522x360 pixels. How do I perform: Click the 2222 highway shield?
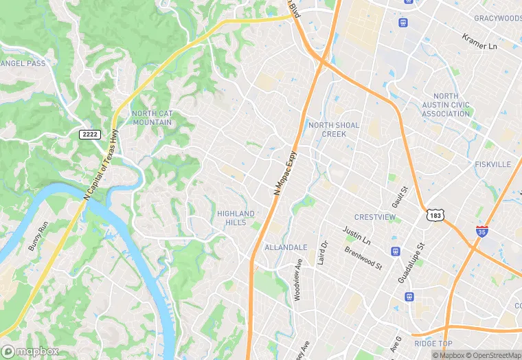click(x=90, y=133)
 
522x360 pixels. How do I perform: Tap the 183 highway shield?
click(x=434, y=215)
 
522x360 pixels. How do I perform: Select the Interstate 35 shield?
click(x=483, y=232)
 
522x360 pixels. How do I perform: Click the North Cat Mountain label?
click(x=152, y=117)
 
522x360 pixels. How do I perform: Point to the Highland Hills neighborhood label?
click(x=236, y=218)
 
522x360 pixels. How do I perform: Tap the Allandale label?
click(x=286, y=247)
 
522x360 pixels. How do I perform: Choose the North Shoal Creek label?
click(x=334, y=129)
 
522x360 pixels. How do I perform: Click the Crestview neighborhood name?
click(x=375, y=217)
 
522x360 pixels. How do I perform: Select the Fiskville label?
click(x=492, y=165)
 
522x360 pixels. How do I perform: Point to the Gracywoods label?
click(x=497, y=18)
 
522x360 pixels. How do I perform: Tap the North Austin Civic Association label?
click(x=446, y=105)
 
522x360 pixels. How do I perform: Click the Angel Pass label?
click(x=23, y=63)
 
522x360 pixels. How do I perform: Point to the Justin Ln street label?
click(x=356, y=237)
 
